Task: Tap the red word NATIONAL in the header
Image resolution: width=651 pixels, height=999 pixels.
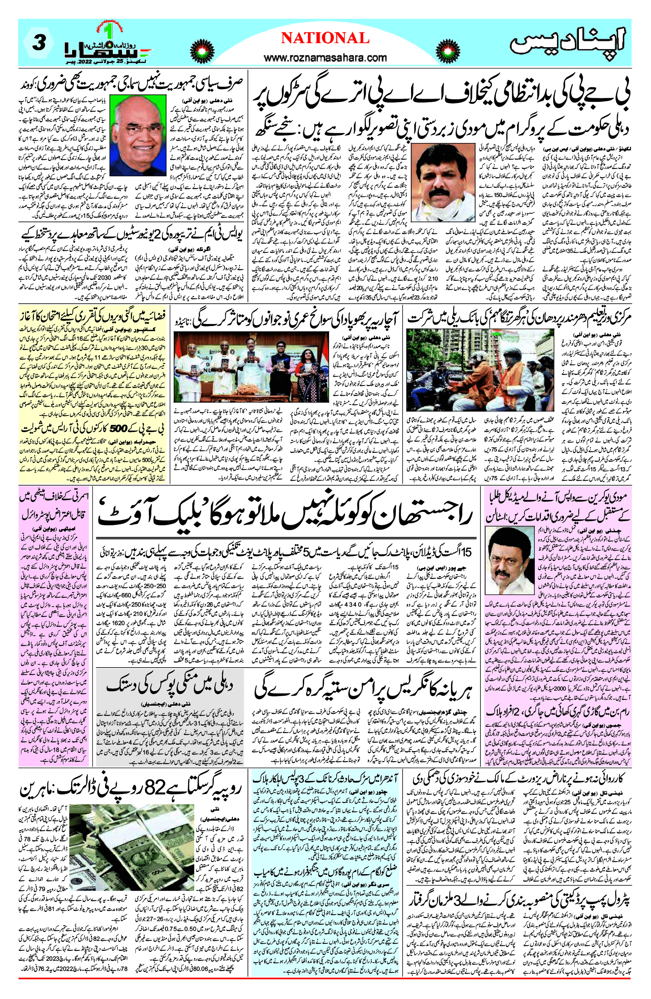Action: point(325,38)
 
